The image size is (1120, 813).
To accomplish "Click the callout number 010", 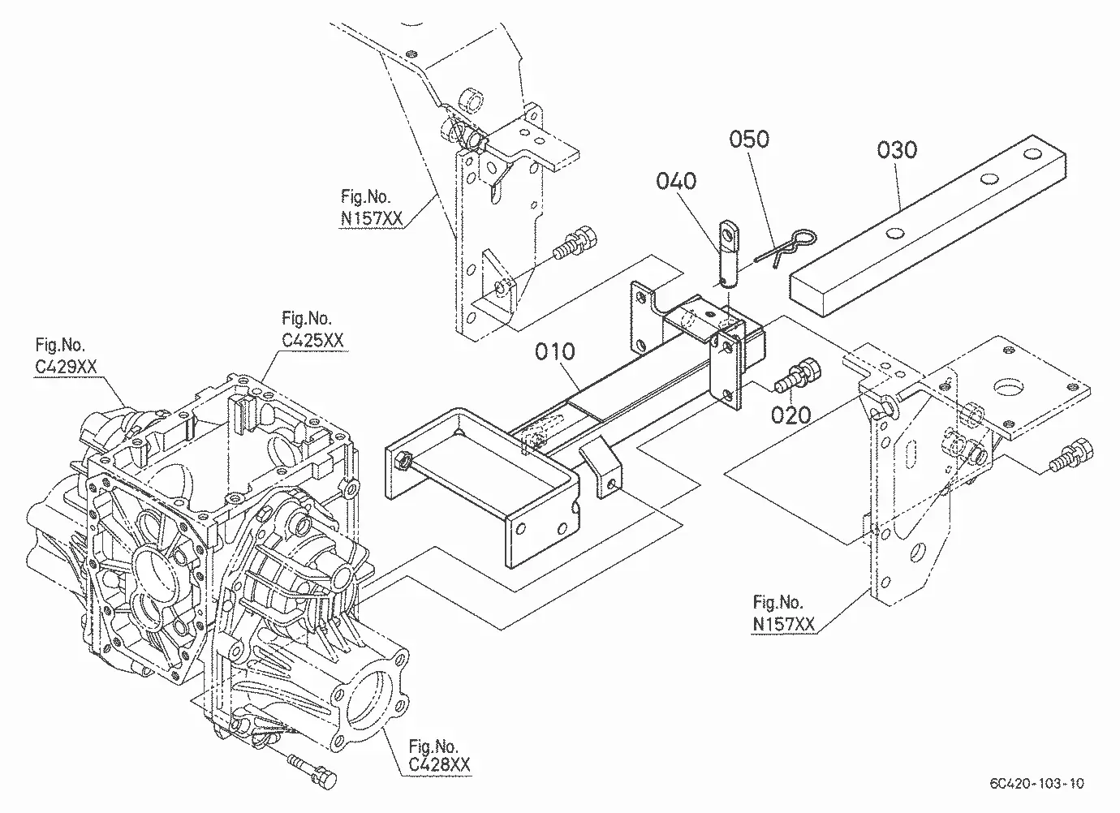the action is tap(555, 351).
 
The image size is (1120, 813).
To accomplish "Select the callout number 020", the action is tap(790, 415).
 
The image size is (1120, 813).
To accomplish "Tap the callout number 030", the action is tap(897, 150).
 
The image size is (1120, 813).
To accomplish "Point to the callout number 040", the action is tap(676, 180).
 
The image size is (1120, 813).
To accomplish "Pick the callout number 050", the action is tap(749, 139).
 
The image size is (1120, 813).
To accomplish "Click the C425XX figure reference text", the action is tap(313, 341).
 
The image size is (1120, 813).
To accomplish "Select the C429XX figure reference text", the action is tap(66, 367).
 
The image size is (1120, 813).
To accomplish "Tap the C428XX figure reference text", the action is tap(440, 765).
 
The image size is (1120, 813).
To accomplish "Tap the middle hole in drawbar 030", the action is tap(989, 179).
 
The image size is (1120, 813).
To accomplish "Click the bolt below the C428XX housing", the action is tap(312, 772).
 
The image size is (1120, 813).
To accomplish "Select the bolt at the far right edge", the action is tap(1071, 455).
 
